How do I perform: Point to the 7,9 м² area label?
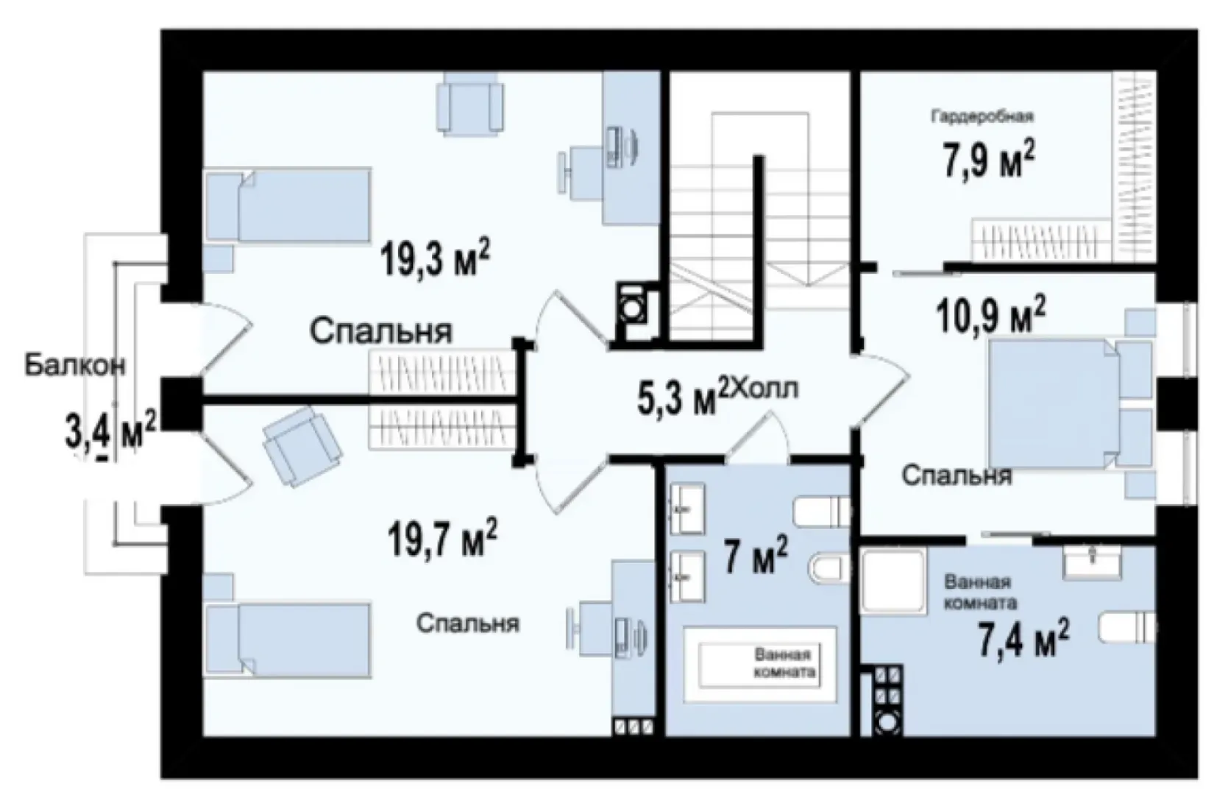click(989, 158)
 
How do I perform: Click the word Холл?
click(765, 389)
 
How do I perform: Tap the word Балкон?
click(75, 365)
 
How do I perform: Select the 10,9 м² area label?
click(990, 315)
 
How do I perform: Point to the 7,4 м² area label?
click(1023, 637)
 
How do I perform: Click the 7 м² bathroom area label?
click(756, 555)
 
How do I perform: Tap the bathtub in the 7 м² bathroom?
click(760, 665)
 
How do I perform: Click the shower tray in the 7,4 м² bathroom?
click(893, 581)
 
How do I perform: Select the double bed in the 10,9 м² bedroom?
click(1071, 404)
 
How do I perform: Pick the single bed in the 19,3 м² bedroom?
click(287, 205)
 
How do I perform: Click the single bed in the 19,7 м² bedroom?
click(287, 641)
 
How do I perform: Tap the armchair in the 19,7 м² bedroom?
click(302, 446)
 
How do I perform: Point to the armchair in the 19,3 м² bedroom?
click(470, 104)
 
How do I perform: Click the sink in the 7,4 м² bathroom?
click(1092, 561)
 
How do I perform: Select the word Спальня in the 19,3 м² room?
click(381, 331)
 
